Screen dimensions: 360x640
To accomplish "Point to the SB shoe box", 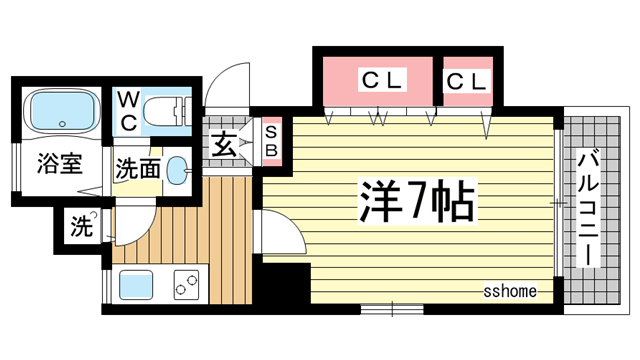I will click(x=269, y=141).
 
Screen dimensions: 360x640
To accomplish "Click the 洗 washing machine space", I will click(x=81, y=227).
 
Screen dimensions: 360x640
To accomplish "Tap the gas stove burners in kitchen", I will click(x=186, y=286).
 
